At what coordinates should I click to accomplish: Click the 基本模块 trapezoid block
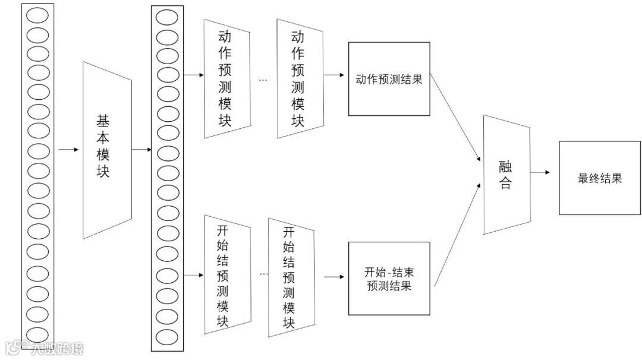click(106, 149)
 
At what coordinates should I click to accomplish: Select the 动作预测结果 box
click(389, 79)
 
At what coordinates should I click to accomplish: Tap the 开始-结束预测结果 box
click(389, 278)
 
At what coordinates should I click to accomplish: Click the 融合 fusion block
click(506, 175)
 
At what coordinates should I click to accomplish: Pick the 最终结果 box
click(599, 178)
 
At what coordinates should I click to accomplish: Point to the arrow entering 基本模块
click(68, 149)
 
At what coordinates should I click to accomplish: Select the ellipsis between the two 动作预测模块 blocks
click(263, 79)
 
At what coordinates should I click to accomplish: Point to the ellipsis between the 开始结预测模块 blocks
click(263, 274)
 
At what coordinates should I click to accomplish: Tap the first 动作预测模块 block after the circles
click(226, 78)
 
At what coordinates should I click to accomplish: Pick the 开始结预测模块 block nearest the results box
click(289, 277)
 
